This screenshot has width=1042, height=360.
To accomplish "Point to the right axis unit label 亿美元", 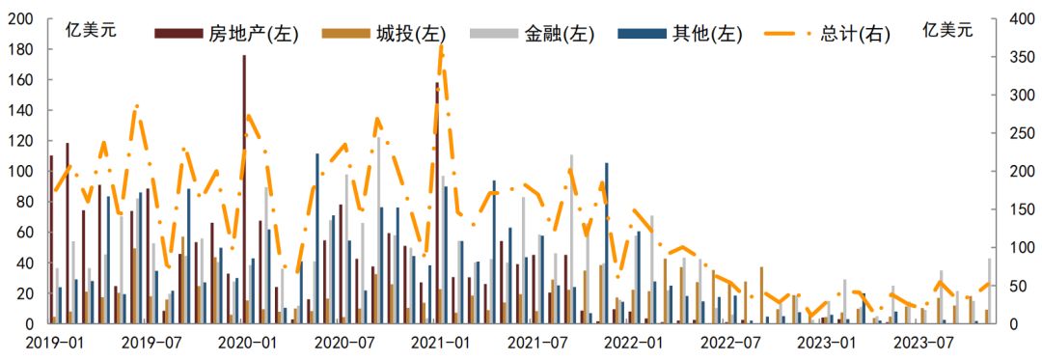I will click(x=947, y=29).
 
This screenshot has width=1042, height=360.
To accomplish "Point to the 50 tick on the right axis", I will click(x=1016, y=286).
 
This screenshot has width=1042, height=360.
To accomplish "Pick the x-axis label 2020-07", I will click(x=344, y=343).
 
